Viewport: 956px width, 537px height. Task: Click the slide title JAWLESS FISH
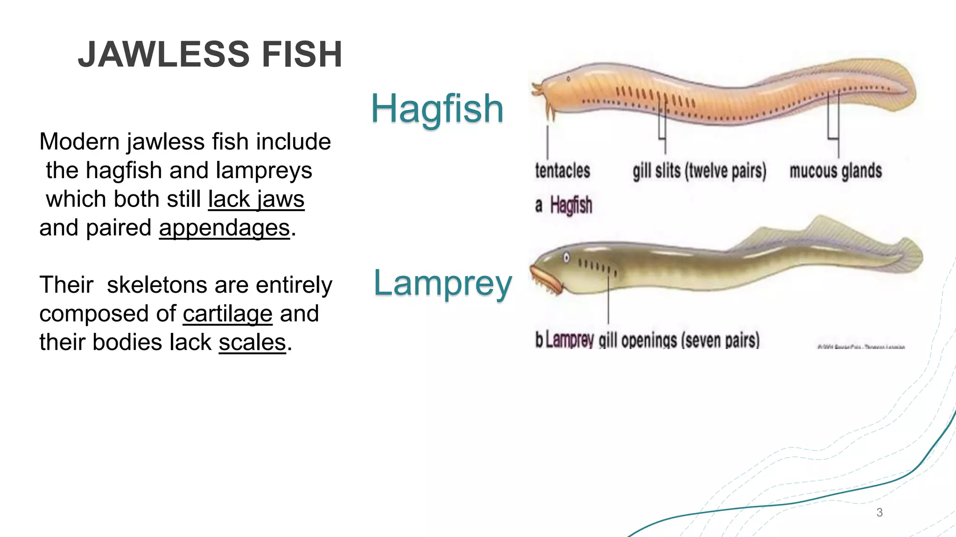click(210, 55)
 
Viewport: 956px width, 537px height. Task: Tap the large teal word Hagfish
click(437, 109)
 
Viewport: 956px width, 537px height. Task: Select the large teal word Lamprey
click(443, 283)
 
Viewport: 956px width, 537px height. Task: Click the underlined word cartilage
click(227, 314)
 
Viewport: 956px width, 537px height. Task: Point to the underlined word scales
click(252, 343)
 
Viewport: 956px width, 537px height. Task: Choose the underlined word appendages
click(224, 228)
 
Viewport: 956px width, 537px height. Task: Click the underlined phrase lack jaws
click(256, 200)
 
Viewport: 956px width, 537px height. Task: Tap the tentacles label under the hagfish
click(562, 171)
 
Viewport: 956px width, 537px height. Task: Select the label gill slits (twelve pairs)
click(699, 171)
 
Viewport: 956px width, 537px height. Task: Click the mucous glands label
click(836, 171)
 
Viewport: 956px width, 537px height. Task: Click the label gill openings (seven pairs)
click(679, 340)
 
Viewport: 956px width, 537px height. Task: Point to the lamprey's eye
click(566, 257)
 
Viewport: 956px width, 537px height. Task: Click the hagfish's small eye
click(568, 79)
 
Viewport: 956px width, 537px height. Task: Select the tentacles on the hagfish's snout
click(541, 96)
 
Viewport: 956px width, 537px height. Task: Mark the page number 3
click(879, 512)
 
